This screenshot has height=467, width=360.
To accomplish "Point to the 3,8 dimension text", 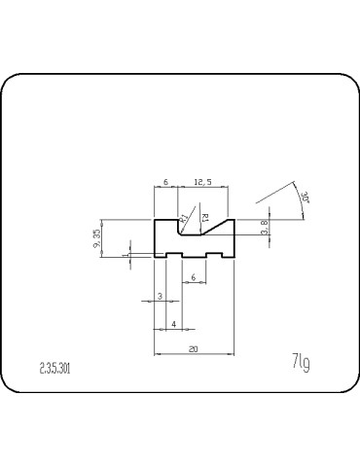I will (x=267, y=230).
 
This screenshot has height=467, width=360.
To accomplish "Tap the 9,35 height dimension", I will (x=96, y=238).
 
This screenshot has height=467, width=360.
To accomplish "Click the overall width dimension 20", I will (x=196, y=348).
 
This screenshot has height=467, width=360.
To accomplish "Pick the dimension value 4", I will (x=174, y=322).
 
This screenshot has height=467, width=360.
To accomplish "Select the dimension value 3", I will (x=160, y=296).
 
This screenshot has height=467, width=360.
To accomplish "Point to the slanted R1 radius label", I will (x=183, y=217).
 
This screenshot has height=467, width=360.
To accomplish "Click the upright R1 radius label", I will (x=204, y=218).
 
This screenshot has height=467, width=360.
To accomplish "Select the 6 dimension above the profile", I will (x=166, y=182).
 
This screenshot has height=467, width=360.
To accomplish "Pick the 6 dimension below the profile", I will (x=194, y=278).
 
